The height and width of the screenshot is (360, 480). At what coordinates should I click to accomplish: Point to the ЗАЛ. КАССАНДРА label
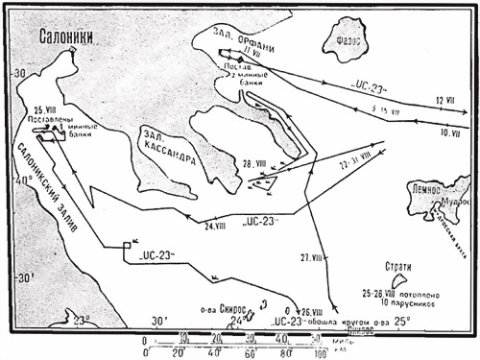pos(169,145)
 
